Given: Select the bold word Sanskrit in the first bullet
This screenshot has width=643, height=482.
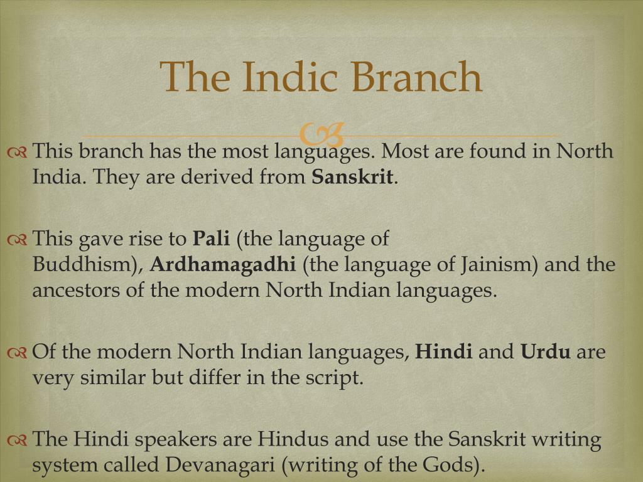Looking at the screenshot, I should pyautogui.click(x=352, y=177).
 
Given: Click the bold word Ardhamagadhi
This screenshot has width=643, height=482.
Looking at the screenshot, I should pyautogui.click(x=223, y=265).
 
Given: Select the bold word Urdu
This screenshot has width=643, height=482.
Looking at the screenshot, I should pyautogui.click(x=546, y=352).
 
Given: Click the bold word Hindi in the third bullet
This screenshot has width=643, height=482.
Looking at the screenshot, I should pyautogui.click(x=444, y=352).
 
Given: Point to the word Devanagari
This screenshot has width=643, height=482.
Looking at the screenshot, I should pyautogui.click(x=225, y=465).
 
